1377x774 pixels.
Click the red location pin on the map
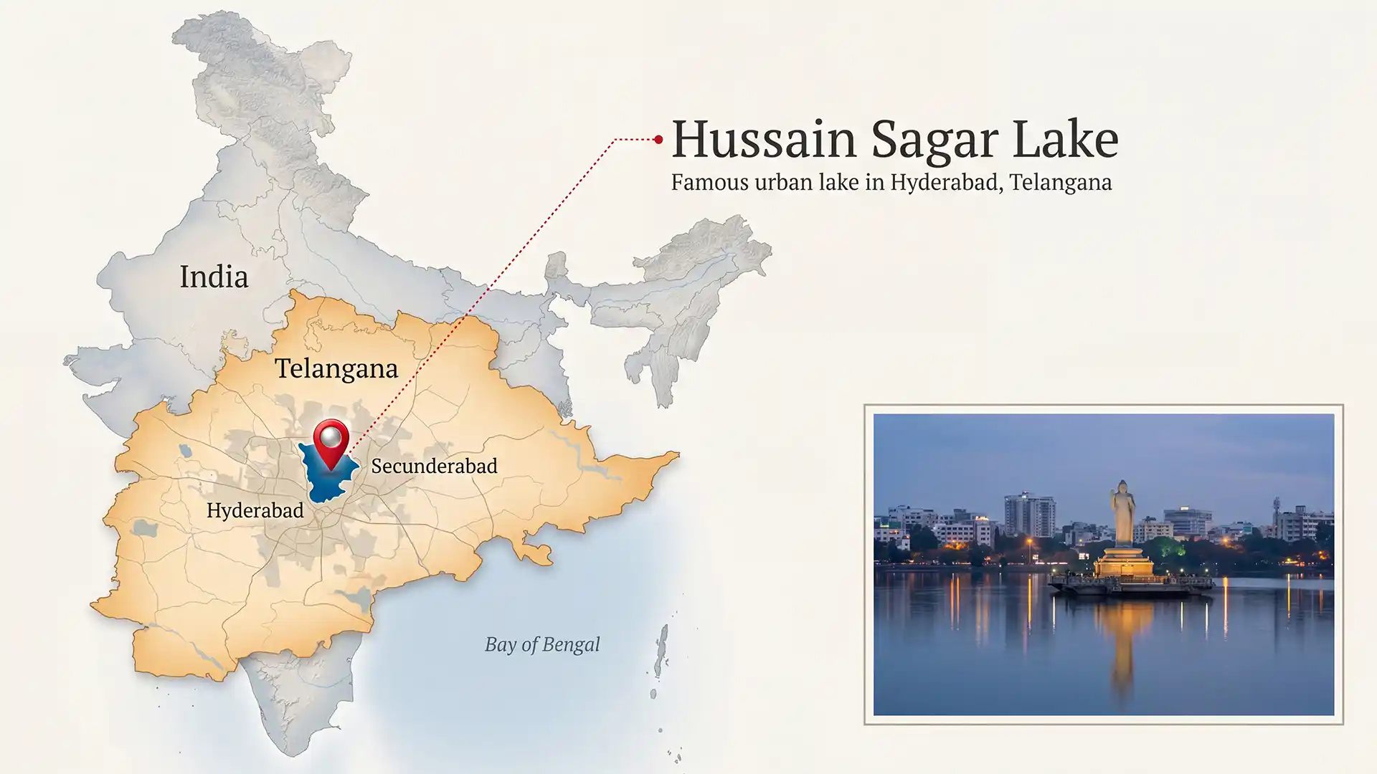331,439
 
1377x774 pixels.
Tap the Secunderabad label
434,466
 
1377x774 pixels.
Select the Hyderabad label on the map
255,510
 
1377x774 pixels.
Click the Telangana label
336,368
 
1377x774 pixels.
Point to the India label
214,277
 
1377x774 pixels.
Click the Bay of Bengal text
542,644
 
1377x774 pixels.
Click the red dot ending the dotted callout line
658,140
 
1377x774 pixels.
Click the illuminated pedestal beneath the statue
1124,563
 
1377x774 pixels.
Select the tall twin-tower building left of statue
1029,515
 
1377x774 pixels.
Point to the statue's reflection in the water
1123,645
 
